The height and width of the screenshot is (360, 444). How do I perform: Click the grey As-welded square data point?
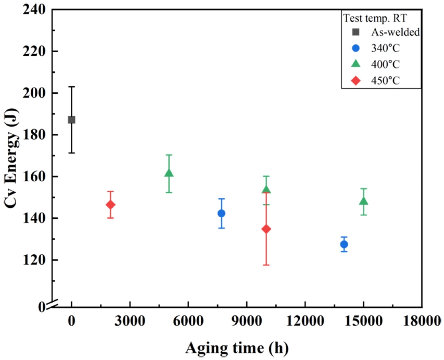click(x=71, y=120)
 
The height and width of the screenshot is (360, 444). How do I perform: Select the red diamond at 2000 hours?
click(x=110, y=205)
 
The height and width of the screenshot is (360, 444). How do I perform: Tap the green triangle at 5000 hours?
click(x=169, y=173)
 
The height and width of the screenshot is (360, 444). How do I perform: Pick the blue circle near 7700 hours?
click(x=221, y=213)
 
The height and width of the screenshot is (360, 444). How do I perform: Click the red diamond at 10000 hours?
click(x=267, y=229)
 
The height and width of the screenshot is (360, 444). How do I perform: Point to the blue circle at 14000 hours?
click(x=344, y=244)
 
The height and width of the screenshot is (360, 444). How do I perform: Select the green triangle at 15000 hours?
click(x=363, y=201)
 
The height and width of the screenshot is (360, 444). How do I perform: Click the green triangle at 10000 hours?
click(x=267, y=190)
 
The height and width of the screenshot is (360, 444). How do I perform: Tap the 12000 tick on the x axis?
click(x=305, y=321)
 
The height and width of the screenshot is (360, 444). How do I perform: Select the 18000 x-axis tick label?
click(x=422, y=321)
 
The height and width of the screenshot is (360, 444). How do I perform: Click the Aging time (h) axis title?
click(x=237, y=346)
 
